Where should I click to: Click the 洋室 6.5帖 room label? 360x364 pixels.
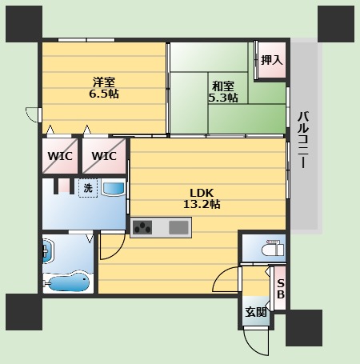[x=104, y=88]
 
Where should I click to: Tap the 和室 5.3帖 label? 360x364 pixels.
[x=223, y=92]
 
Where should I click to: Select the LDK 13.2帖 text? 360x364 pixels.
[x=202, y=198]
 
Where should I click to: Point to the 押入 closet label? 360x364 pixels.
[x=272, y=60]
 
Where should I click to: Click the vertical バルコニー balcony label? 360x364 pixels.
[x=303, y=139]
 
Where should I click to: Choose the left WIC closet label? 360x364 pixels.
[x=60, y=156]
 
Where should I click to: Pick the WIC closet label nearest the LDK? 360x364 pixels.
[x=104, y=156]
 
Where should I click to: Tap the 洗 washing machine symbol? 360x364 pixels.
[x=88, y=188]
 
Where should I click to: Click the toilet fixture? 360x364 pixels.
[x=273, y=248]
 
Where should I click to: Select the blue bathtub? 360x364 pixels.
[x=69, y=282]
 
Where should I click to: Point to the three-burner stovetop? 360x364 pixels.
[x=142, y=227]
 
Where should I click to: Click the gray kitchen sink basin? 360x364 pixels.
[x=178, y=227]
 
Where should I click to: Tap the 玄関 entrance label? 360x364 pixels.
[x=256, y=312]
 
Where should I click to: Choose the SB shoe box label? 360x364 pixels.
[x=281, y=289]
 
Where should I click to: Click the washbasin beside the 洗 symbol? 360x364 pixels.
[x=114, y=189]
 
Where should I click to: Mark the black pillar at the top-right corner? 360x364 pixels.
[x=336, y=24]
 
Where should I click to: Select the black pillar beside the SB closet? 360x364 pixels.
[x=304, y=328]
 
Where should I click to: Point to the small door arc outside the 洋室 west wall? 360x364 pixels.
[x=30, y=115]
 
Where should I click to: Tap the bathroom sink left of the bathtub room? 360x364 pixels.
[x=48, y=251]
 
